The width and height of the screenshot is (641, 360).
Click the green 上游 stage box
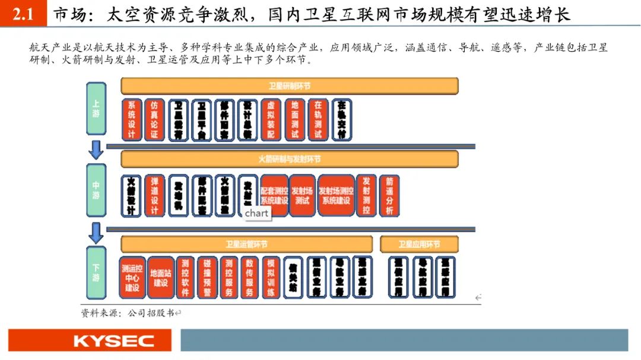(96, 109)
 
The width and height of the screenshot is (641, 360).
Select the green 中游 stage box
(96, 190)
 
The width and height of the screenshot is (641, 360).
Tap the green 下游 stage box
(96, 273)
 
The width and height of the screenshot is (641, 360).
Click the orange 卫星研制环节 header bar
(290, 86)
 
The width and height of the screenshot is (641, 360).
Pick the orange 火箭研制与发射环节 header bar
(290, 159)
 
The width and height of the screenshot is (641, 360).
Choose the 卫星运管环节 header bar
(246, 244)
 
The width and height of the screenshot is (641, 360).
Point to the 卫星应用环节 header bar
(419, 244)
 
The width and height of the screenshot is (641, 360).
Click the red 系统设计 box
(131, 119)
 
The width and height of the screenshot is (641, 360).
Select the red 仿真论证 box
(154, 119)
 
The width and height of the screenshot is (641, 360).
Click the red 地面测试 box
(294, 119)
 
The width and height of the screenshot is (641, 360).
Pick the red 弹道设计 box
(154, 195)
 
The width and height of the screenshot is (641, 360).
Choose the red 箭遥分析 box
(389, 195)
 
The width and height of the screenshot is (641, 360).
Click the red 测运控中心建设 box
(132, 277)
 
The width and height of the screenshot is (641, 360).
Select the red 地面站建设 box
(160, 277)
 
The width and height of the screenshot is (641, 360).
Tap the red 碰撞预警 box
(207, 277)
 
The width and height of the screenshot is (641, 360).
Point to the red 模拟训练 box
(271, 277)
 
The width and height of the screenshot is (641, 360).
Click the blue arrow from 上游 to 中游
(96, 149)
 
